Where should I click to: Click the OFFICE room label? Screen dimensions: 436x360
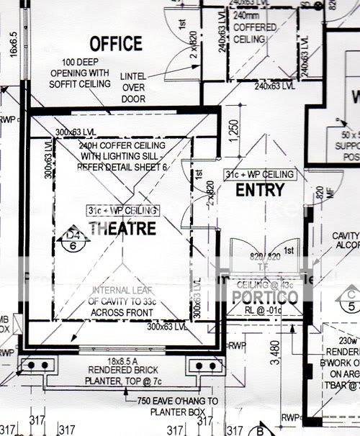coord(116,43)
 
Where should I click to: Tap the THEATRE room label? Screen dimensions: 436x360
coord(122,228)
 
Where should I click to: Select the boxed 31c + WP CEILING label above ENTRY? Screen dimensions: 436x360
coord(258,175)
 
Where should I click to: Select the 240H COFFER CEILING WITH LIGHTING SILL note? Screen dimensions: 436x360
coord(126,155)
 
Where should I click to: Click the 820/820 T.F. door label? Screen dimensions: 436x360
coord(265,260)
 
